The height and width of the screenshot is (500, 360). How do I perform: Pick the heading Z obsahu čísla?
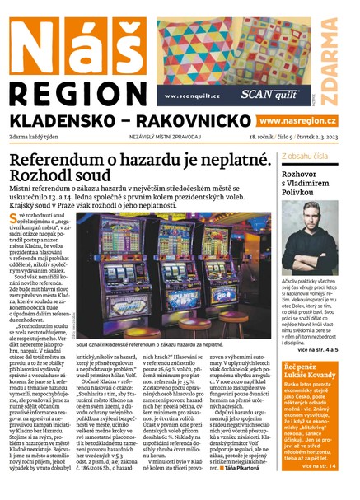[308, 155]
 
